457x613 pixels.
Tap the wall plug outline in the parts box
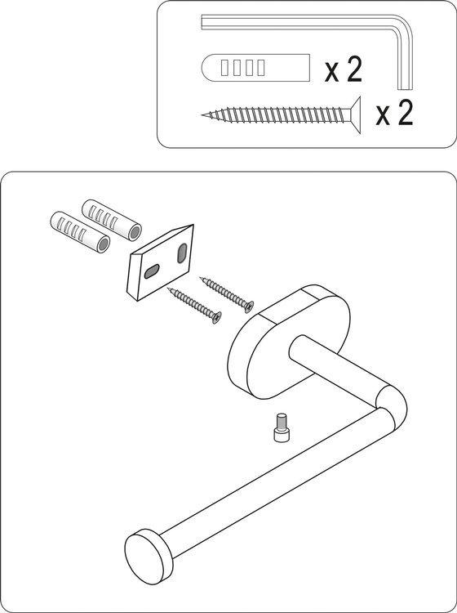(255, 68)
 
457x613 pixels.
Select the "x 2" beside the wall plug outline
(344, 69)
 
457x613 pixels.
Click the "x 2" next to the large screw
(394, 114)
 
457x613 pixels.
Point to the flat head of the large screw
(355, 115)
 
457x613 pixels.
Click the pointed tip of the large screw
(203, 115)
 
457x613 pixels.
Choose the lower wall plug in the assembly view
(80, 231)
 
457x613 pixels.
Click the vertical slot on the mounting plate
(182, 253)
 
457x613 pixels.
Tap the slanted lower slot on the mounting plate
(152, 271)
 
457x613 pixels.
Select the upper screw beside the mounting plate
(227, 294)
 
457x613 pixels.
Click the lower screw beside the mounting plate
(195, 306)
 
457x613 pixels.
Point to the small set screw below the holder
(281, 427)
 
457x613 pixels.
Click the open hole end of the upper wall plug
(135, 233)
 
